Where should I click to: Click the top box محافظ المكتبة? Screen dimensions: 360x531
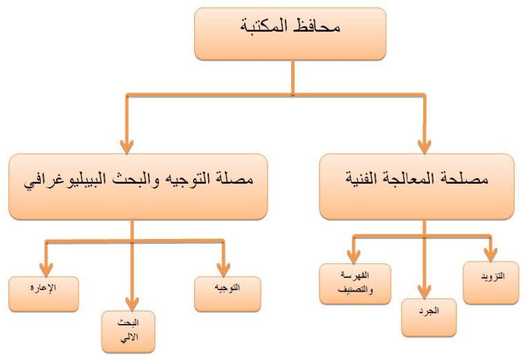290,33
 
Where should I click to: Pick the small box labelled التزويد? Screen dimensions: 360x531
491,283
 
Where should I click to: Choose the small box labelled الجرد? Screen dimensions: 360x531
429,317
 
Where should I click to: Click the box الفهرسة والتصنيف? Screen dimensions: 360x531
355,283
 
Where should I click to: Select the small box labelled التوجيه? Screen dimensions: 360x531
227,294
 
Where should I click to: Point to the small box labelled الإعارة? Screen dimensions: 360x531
44,294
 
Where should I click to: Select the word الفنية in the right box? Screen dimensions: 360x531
365,181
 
